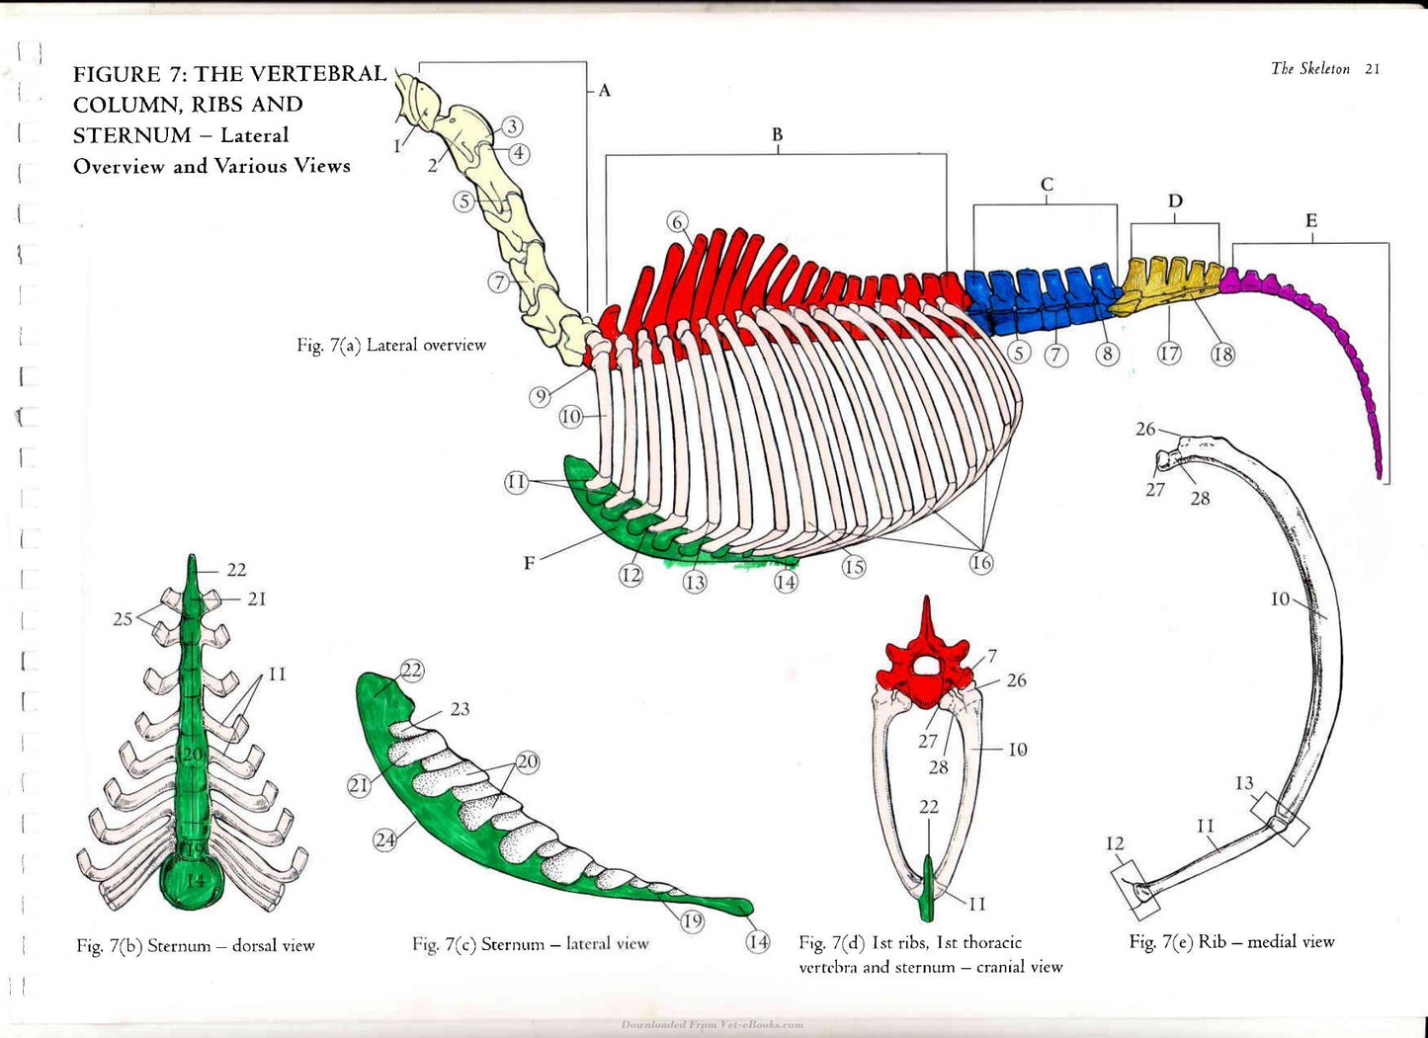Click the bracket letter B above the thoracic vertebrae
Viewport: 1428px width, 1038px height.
point(777,134)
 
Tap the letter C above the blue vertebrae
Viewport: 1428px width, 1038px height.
point(1047,185)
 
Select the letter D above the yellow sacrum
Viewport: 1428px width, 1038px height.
point(1175,201)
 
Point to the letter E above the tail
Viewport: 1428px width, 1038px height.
point(1311,221)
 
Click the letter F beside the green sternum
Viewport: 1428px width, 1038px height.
point(529,563)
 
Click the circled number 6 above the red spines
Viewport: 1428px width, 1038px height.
point(677,222)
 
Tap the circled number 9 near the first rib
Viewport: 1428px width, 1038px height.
point(541,397)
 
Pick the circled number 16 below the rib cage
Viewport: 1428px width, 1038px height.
point(981,563)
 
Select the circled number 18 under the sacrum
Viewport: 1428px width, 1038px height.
point(1222,354)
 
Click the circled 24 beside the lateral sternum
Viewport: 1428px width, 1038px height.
point(384,839)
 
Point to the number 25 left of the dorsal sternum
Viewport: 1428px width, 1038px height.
point(123,618)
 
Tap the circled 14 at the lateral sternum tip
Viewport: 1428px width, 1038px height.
point(757,941)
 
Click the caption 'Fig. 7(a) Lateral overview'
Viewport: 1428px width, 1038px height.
point(390,345)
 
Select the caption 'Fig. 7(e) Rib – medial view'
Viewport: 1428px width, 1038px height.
point(1231,942)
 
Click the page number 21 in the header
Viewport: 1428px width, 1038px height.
point(1372,69)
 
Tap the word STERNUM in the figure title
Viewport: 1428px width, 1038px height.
point(132,135)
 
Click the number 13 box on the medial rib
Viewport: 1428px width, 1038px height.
point(1280,818)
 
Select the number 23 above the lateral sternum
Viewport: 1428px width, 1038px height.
point(460,708)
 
